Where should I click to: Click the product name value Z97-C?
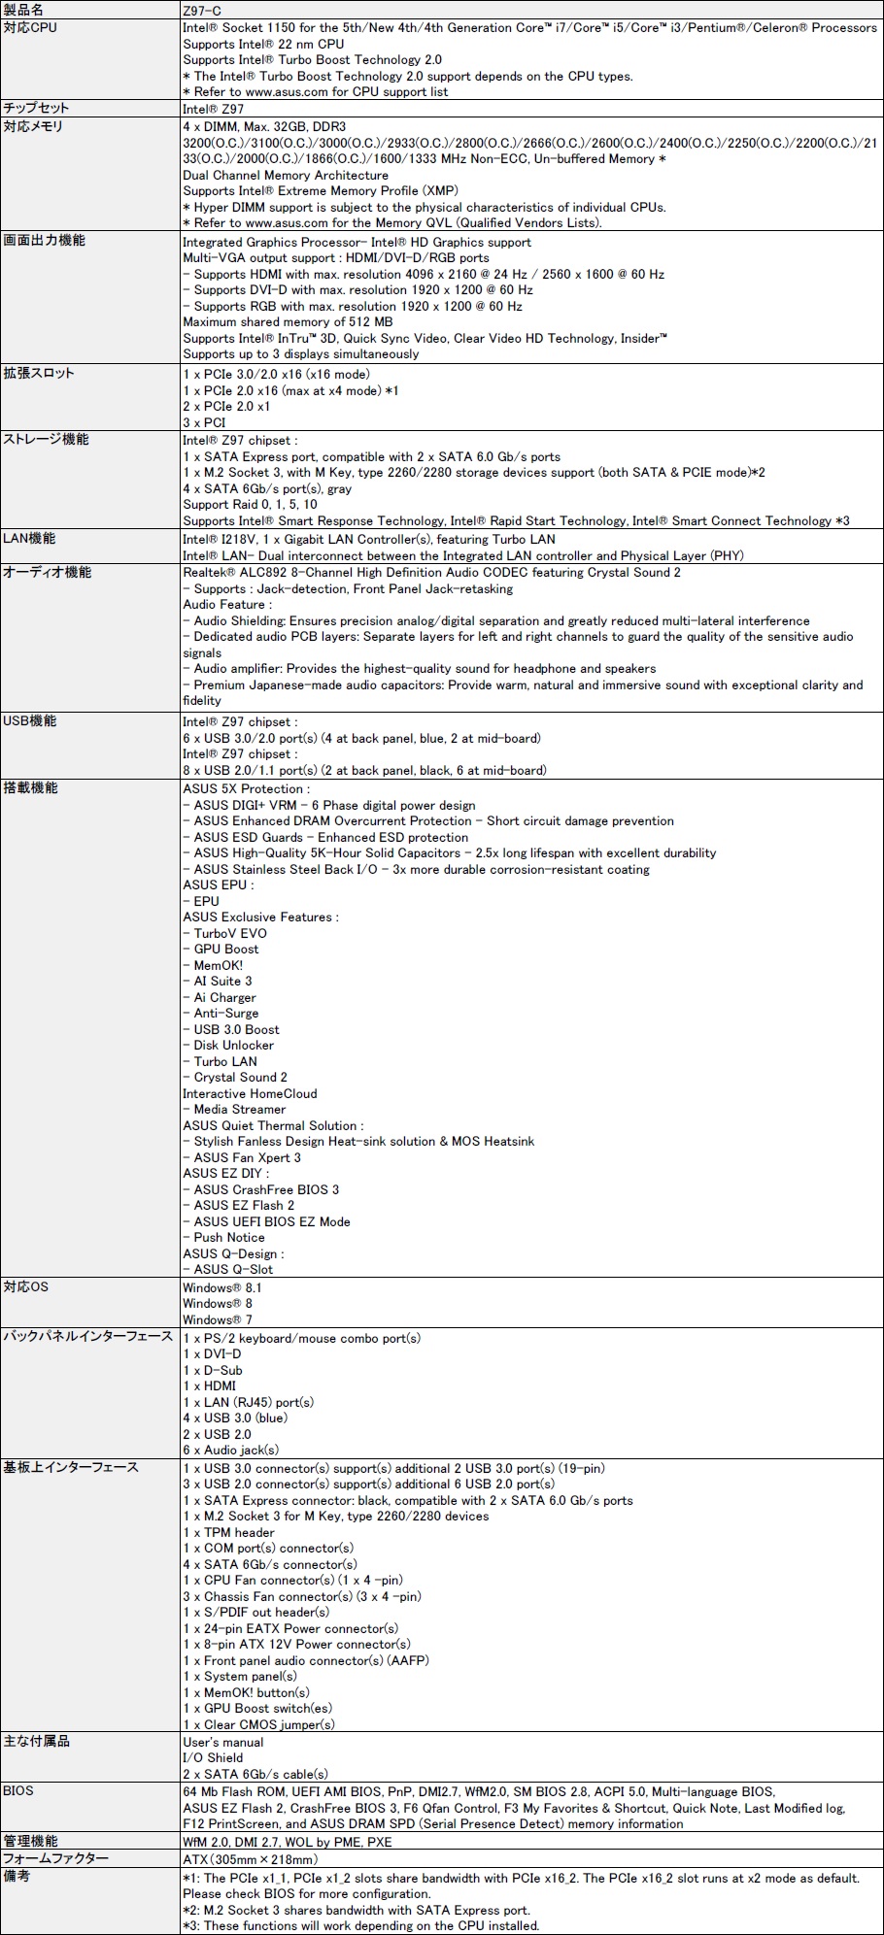[x=202, y=10]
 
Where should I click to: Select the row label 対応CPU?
[x=30, y=27]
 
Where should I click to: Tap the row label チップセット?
[x=37, y=108]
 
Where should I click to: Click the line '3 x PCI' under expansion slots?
[x=204, y=422]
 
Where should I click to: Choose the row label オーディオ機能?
[x=48, y=573]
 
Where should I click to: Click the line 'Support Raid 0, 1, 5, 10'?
[x=250, y=504]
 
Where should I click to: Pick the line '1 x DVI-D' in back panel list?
[x=212, y=1353]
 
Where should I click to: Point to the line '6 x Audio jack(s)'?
[x=231, y=1450]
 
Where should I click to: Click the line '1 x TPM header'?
[x=228, y=1532]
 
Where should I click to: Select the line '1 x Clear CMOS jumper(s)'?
[x=258, y=1724]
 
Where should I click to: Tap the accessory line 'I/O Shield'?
[x=213, y=1757]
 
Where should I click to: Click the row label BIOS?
[x=18, y=1790]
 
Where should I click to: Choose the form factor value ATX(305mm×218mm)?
[x=246, y=1858]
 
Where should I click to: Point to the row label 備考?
[x=17, y=1877]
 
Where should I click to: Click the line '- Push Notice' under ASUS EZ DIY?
[x=224, y=1237]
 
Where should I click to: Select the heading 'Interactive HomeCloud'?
[x=250, y=1093]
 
